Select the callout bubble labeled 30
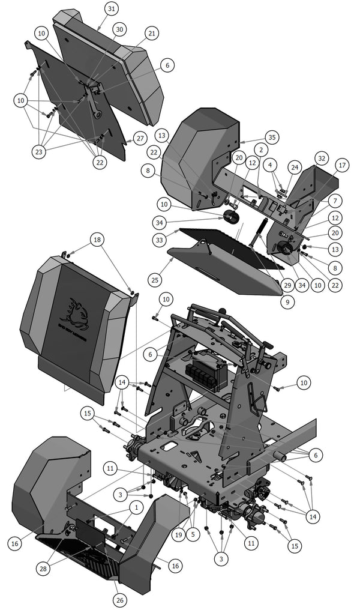(119, 29)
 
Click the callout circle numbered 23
(40, 152)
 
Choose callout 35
(272, 137)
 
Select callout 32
(322, 159)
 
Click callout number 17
(343, 165)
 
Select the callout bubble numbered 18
(97, 240)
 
